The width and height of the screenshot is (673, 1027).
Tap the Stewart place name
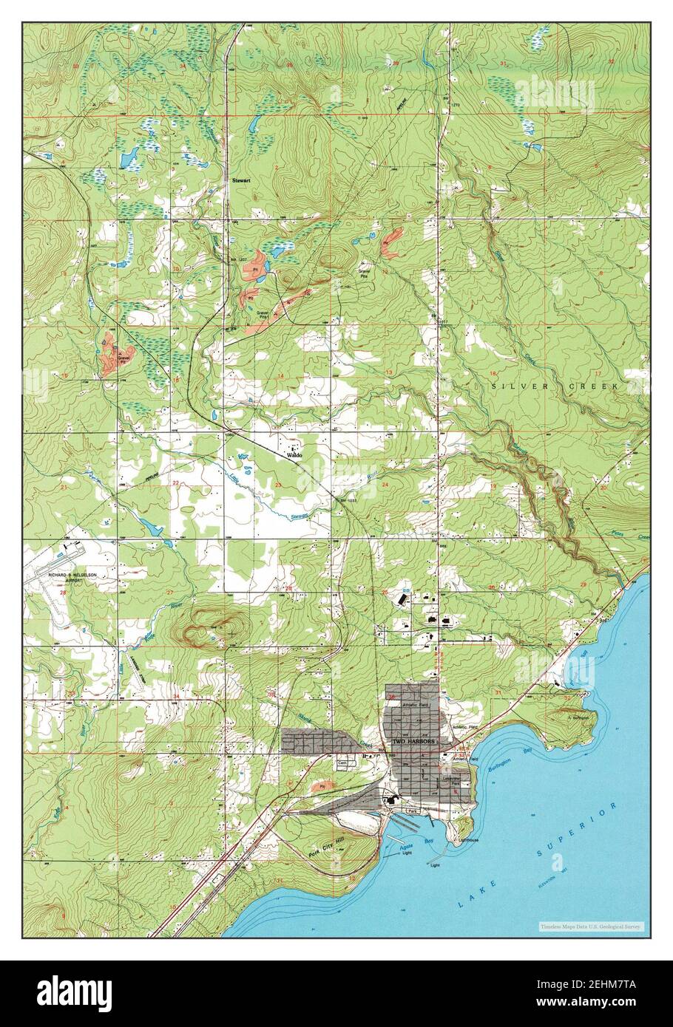(241, 180)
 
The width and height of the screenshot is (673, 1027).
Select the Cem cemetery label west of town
(342, 762)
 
